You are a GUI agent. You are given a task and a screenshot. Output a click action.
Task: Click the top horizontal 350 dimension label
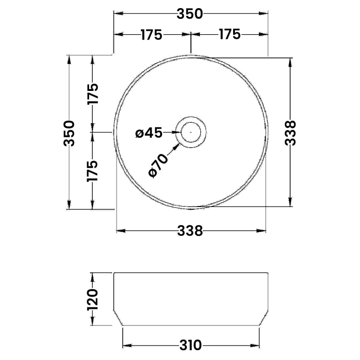click(189, 14)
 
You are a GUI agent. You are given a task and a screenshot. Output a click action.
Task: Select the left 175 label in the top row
click(151, 35)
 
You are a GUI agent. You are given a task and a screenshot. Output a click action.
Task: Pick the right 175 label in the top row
click(229, 35)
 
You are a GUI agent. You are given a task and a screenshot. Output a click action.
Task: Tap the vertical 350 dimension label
click(69, 133)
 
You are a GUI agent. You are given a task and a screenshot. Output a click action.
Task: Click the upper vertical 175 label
click(93, 94)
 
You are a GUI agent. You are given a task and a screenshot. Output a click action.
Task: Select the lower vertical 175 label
click(92, 171)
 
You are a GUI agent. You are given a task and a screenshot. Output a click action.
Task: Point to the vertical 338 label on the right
click(290, 133)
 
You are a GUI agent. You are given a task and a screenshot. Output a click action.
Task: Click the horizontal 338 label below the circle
click(190, 231)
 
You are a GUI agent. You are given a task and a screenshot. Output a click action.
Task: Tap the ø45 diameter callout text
click(149, 133)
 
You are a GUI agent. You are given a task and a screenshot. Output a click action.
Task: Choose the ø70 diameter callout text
click(158, 166)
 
